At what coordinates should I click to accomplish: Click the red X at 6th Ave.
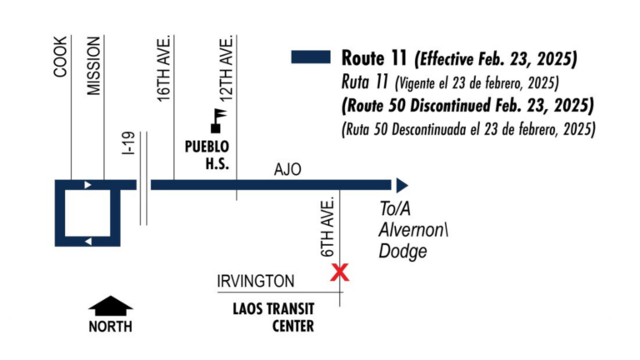click(339, 272)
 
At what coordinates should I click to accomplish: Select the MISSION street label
click(94, 66)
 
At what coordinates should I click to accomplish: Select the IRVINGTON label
click(255, 282)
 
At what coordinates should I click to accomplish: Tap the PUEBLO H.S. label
click(206, 156)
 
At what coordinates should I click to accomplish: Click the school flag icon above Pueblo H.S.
click(219, 119)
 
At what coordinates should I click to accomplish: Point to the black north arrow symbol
click(110, 306)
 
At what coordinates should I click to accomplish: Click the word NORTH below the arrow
click(110, 327)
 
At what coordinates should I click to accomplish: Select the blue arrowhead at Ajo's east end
click(402, 185)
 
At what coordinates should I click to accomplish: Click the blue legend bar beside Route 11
click(312, 57)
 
